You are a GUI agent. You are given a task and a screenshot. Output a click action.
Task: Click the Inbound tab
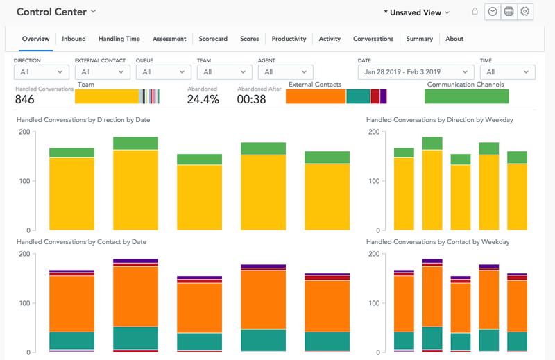coord(74,39)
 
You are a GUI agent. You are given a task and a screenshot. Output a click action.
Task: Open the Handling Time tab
coord(119,39)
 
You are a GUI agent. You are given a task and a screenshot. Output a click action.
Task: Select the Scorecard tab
coord(213,39)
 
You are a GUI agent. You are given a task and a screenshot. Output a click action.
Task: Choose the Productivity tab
coord(289,39)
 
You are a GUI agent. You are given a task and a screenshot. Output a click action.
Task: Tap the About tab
coord(454,39)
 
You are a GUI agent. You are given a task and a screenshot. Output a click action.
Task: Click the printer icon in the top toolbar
coord(509,12)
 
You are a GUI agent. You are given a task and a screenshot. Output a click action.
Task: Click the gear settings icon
coord(526,12)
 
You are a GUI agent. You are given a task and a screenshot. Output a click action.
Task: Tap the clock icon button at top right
coord(493,12)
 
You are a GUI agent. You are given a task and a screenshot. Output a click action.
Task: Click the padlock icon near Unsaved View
coord(475,12)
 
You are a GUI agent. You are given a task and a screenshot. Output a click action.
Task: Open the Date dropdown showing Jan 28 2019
coord(416,71)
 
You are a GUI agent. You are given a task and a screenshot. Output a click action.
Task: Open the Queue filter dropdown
coord(163,71)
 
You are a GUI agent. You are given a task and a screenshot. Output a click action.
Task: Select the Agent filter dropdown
coord(285,71)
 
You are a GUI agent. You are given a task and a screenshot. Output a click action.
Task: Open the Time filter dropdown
coord(507,71)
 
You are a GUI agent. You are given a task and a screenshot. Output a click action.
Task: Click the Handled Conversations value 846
coord(25,99)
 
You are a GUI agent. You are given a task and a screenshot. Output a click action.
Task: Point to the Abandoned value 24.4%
coord(203,99)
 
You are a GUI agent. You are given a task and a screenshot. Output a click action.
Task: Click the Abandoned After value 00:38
coord(251,99)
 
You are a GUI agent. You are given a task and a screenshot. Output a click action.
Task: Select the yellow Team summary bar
coord(107,96)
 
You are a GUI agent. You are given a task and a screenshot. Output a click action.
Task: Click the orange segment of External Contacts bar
coord(316,96)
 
